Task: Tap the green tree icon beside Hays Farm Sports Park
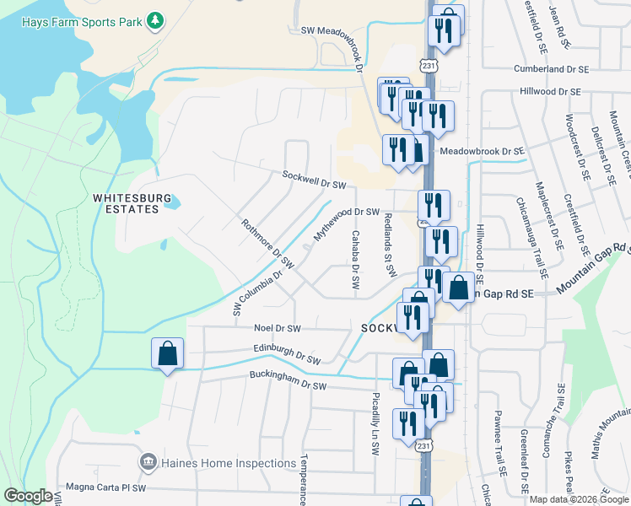pyautogui.click(x=154, y=19)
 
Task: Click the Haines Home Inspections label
pyautogui.click(x=229, y=462)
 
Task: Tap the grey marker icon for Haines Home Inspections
pyautogui.click(x=148, y=462)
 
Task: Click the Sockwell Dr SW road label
pyautogui.click(x=315, y=180)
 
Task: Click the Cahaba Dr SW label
pyautogui.click(x=356, y=262)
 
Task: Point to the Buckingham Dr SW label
pyautogui.click(x=287, y=382)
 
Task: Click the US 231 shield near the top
pyautogui.click(x=430, y=65)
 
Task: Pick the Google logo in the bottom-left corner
pyautogui.click(x=28, y=496)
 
